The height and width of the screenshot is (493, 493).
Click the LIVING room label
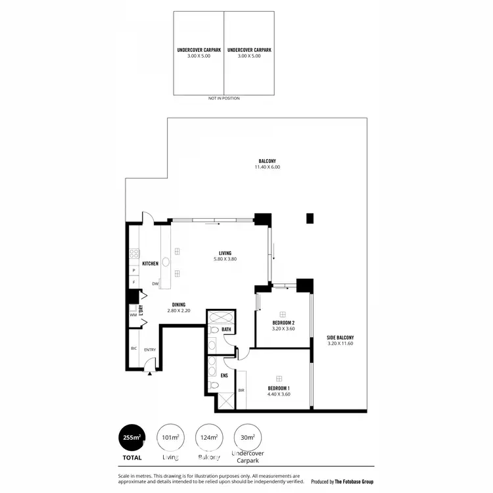[225, 254]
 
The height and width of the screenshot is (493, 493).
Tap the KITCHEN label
[150, 264]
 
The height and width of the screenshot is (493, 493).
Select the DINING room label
[178, 304]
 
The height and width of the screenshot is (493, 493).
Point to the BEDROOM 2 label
[284, 323]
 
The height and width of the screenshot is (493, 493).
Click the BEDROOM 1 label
[279, 388]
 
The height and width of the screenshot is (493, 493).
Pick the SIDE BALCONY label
[340, 339]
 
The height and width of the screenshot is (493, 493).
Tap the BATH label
[226, 329]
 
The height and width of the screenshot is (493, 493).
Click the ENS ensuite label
[224, 376]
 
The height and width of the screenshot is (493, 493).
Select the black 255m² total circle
[132, 436]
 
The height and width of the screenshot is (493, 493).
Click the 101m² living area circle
[170, 436]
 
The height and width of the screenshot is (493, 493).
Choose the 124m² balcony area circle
[209, 436]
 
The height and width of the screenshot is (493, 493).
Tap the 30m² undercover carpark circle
[248, 436]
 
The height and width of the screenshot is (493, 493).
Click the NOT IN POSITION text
[223, 98]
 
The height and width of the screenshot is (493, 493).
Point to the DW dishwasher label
[155, 283]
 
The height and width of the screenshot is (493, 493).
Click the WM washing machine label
[133, 315]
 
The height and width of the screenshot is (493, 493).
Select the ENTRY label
[150, 350]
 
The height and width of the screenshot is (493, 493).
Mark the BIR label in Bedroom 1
[241, 389]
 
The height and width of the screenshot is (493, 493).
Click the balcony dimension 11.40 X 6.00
[267, 167]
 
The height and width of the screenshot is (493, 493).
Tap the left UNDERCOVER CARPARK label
[198, 50]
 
